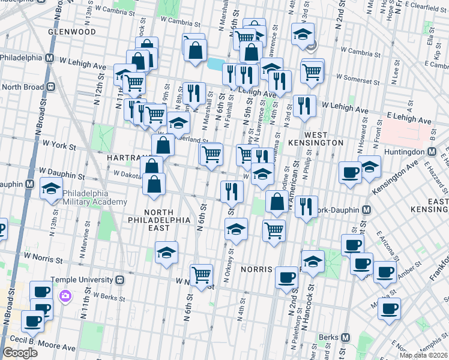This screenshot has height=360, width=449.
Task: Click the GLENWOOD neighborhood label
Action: (74, 31)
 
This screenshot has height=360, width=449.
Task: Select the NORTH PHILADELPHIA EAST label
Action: (158, 217)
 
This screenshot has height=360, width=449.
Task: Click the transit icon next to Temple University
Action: (119, 280)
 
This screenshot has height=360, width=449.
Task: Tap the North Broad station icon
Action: (50, 87)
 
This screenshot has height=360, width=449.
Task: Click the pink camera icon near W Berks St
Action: (65, 295)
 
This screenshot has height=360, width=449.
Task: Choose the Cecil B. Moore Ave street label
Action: (47, 347)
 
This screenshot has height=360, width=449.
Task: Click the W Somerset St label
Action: (360, 77)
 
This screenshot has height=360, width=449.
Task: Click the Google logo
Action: (20, 353)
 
